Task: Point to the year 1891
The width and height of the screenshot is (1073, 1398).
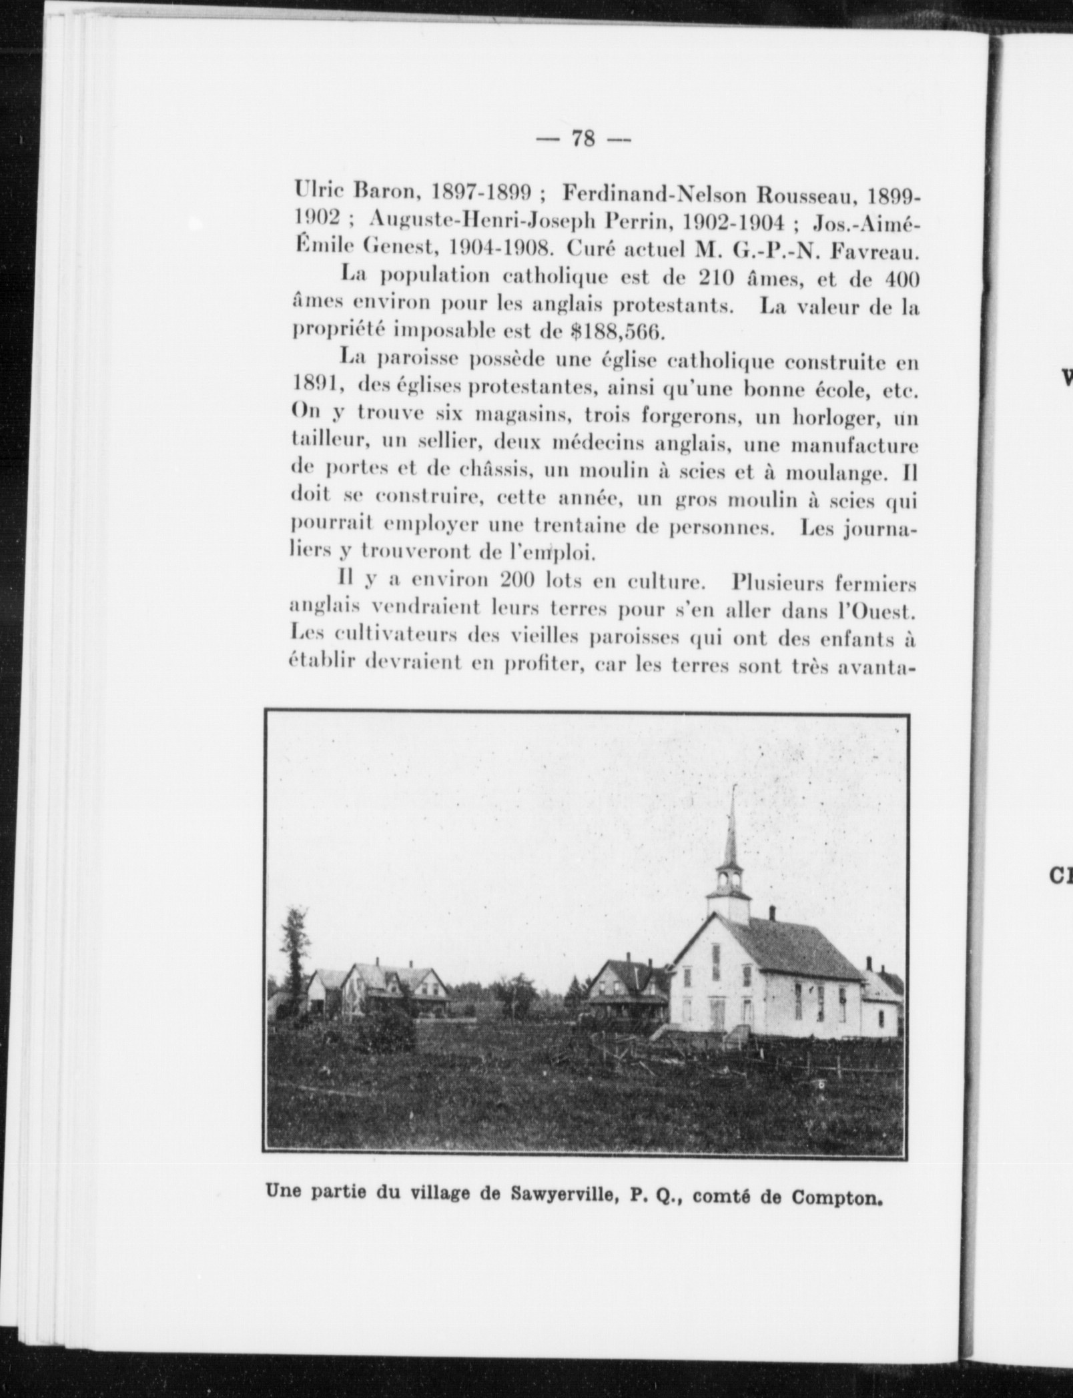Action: click(x=318, y=388)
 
